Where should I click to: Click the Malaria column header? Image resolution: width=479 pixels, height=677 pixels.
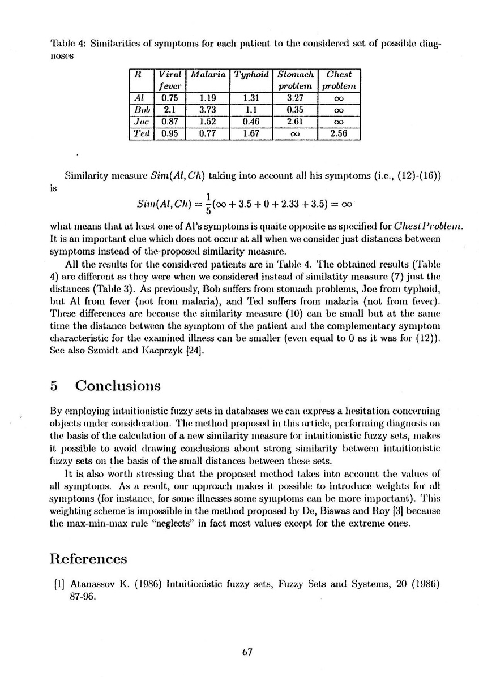(x=209, y=74)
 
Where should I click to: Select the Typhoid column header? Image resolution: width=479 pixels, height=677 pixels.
(x=251, y=74)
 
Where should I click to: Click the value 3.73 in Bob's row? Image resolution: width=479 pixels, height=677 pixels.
(x=209, y=109)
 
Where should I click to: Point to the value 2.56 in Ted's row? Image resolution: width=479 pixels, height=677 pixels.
(x=339, y=133)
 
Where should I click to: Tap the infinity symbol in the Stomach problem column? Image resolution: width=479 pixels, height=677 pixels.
(x=295, y=134)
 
